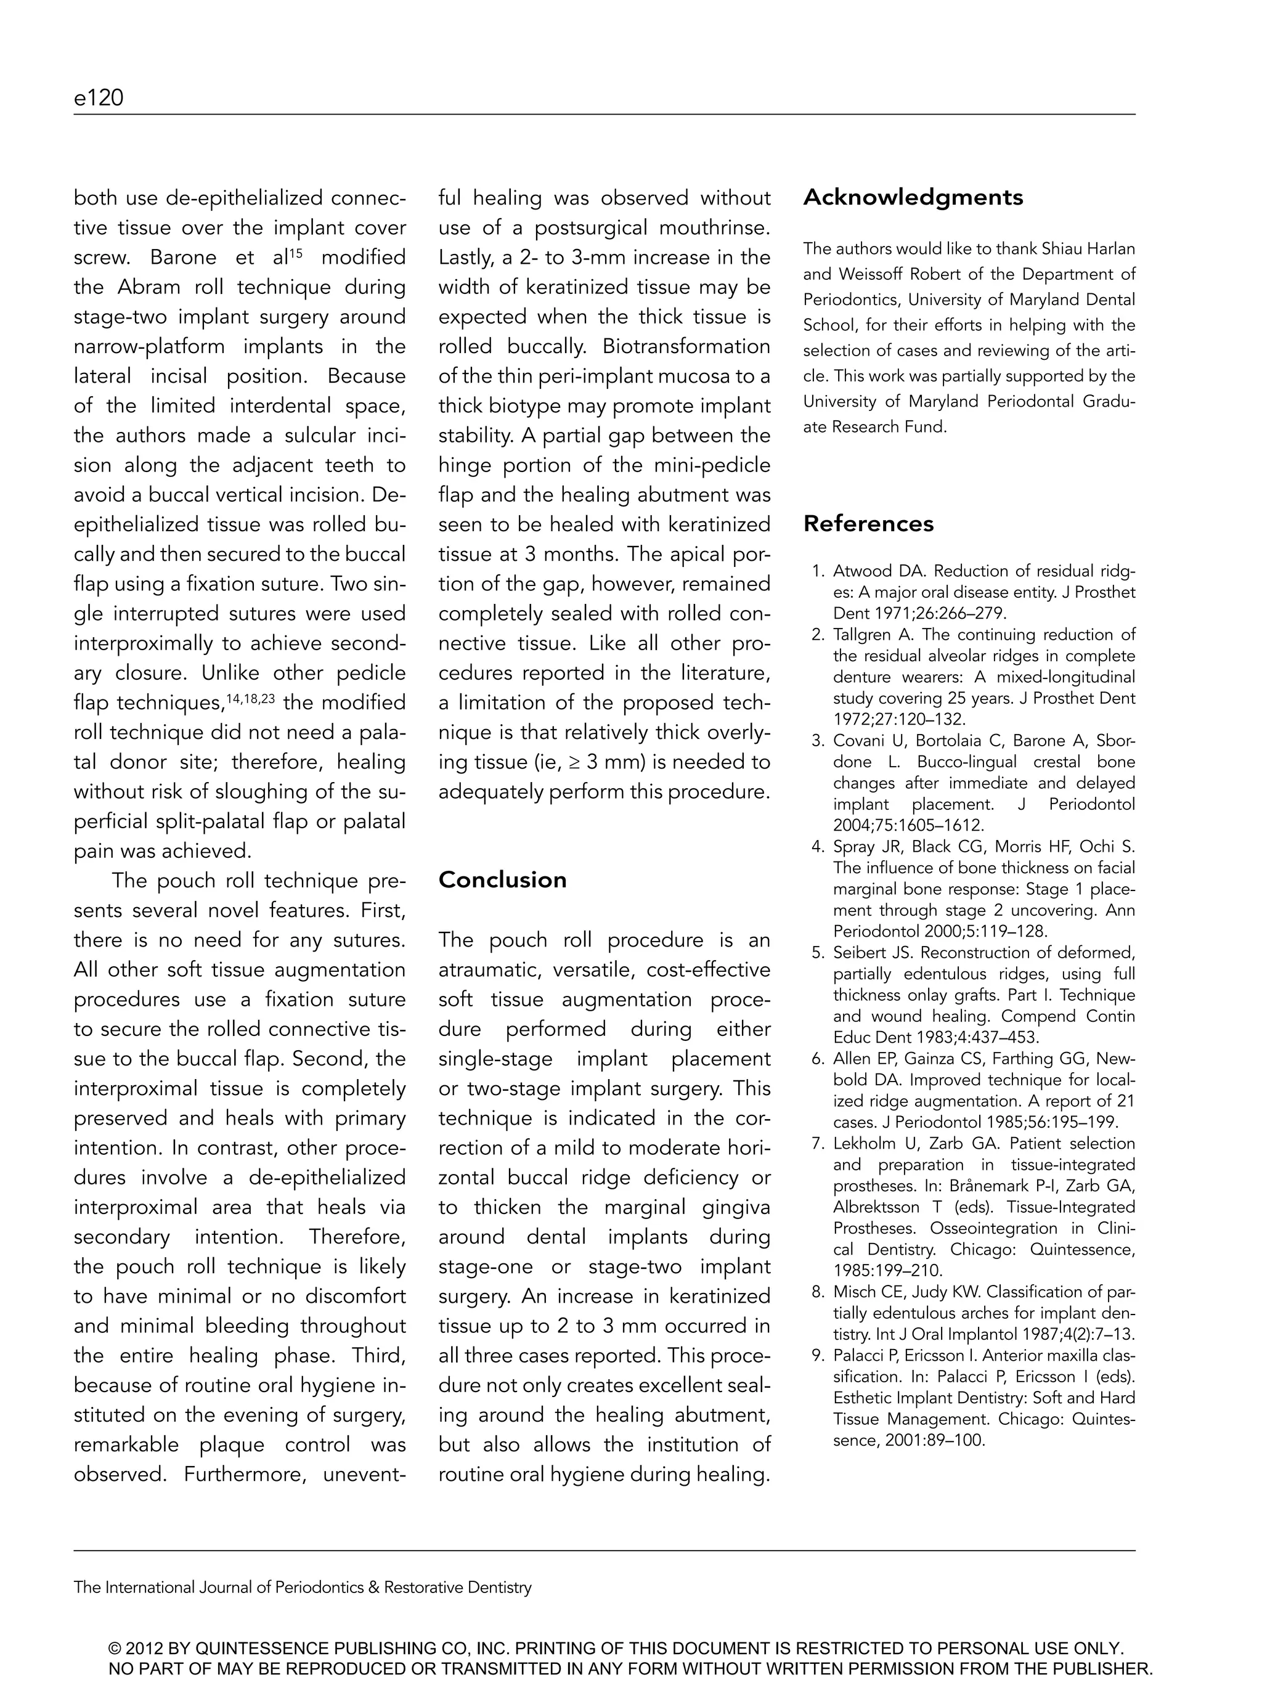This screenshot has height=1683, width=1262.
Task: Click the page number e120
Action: coord(98,98)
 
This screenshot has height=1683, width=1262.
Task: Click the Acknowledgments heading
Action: coord(913,197)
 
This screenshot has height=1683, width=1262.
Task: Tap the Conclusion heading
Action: coord(502,879)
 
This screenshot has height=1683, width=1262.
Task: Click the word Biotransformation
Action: coord(686,346)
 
